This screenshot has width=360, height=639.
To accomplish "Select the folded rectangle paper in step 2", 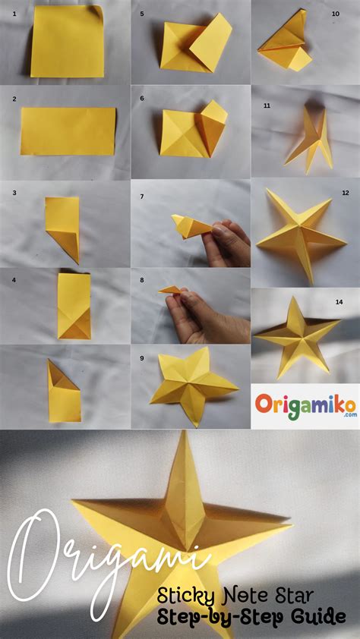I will pos(68,130).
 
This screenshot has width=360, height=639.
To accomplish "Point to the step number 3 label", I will pos(14,193).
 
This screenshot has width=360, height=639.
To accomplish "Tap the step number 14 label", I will pos(339,301).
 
